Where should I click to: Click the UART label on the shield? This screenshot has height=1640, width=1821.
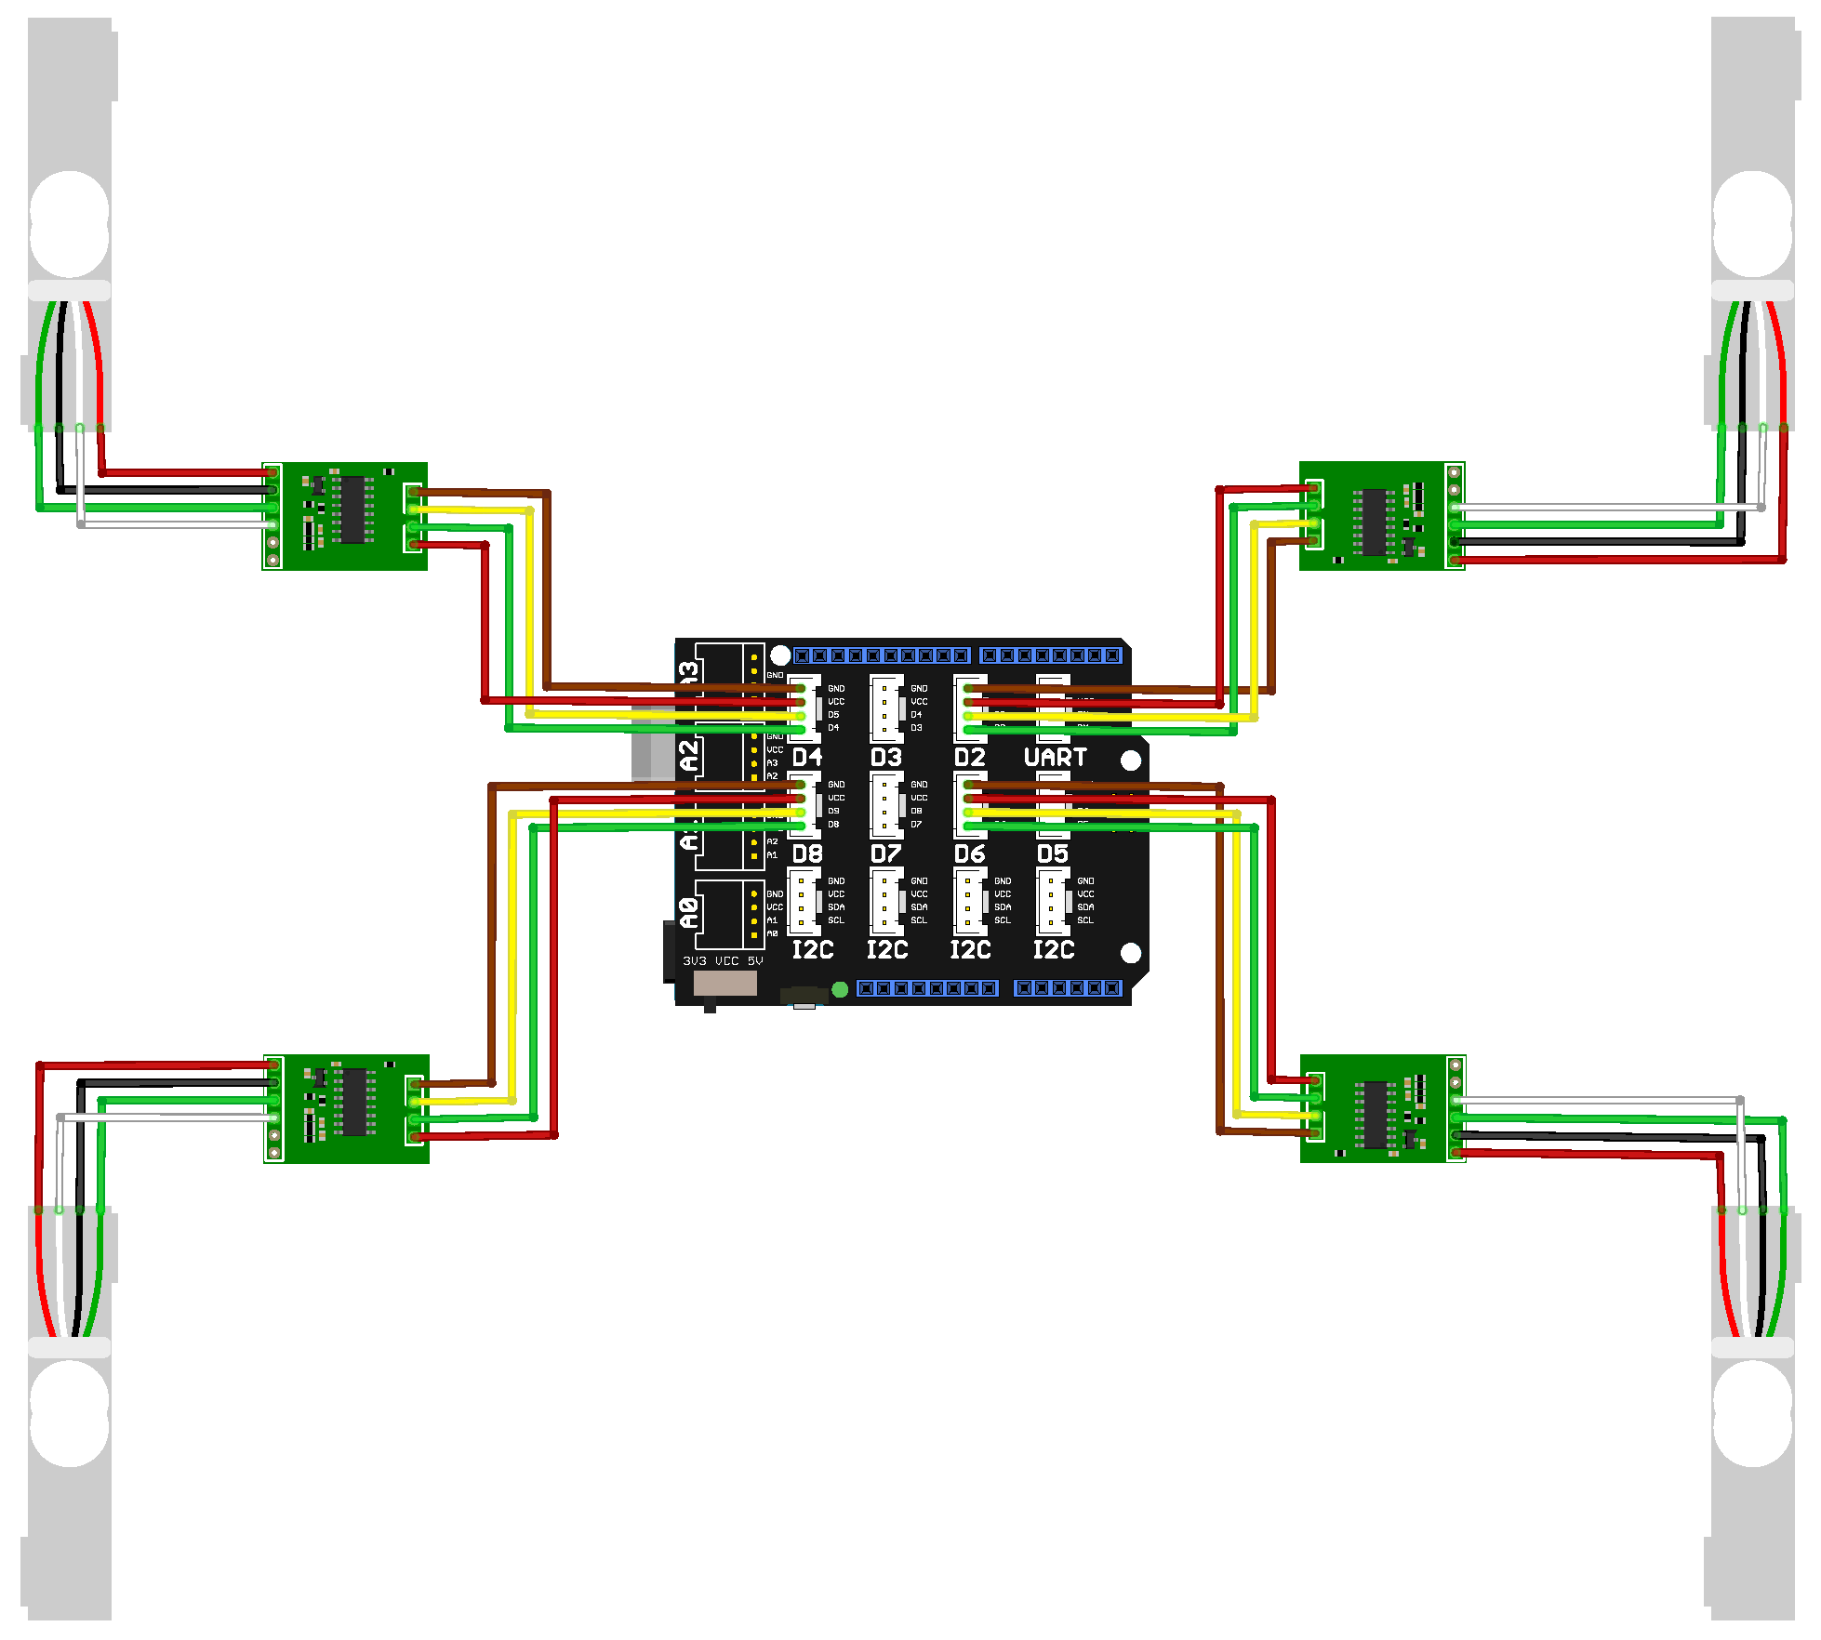point(1055,758)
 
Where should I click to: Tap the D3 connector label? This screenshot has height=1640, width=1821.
point(885,758)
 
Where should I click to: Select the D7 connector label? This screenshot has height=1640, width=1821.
point(885,853)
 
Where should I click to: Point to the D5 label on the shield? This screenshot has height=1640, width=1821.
point(1053,853)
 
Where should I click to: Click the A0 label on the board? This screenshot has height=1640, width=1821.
point(688,913)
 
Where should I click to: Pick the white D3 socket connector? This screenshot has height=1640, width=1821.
point(885,709)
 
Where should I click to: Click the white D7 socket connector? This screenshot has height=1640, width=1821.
point(885,805)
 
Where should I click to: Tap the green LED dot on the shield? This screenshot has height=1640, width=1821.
point(840,989)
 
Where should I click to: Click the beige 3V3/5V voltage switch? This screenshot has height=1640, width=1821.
point(724,984)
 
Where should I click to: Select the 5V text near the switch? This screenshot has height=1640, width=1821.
point(755,961)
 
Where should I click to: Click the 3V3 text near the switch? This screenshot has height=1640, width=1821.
point(695,961)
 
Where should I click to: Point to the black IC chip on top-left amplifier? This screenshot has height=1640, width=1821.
point(352,509)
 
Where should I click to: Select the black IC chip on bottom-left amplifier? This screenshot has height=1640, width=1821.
point(353,1103)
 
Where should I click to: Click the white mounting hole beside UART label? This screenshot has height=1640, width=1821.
point(1131,760)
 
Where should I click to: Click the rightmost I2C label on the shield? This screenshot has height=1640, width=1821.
point(1054,950)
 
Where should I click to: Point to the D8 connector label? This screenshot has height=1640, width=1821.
point(807,853)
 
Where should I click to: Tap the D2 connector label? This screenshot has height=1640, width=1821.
point(969,758)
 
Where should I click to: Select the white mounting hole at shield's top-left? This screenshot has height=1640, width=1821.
point(780,655)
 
